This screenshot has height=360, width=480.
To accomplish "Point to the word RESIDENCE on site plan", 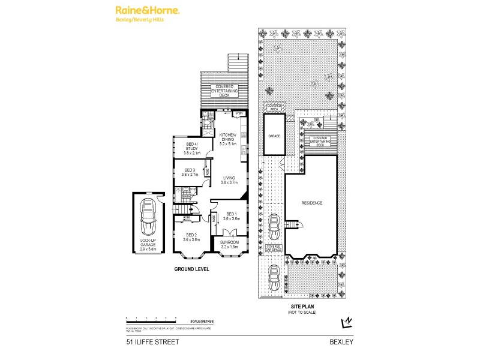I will (312, 203).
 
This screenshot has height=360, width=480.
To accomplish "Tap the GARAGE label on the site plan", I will (274, 136).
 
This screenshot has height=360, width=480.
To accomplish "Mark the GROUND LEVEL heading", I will (191, 270).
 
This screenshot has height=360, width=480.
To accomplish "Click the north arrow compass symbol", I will (346, 323).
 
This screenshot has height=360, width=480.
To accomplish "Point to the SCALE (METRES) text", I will (200, 321).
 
